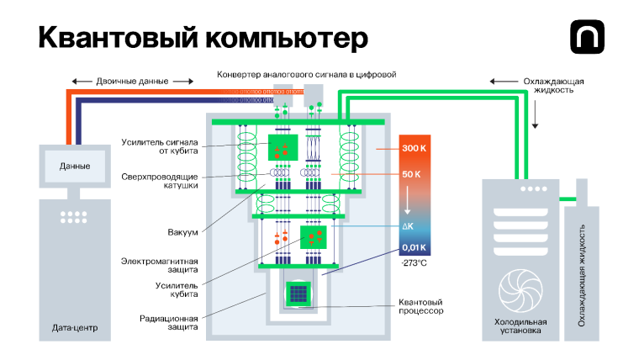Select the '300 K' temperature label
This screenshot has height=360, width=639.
click(x=415, y=148)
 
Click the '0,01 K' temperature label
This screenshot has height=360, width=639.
click(x=415, y=247)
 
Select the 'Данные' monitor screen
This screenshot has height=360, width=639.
click(x=74, y=167)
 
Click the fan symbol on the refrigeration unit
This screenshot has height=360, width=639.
click(x=520, y=289)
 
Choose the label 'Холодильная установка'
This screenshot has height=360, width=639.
click(x=520, y=326)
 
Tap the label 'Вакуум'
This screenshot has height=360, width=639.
click(x=184, y=230)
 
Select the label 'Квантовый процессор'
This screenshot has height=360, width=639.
click(x=420, y=306)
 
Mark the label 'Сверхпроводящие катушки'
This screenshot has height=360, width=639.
click(x=166, y=180)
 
